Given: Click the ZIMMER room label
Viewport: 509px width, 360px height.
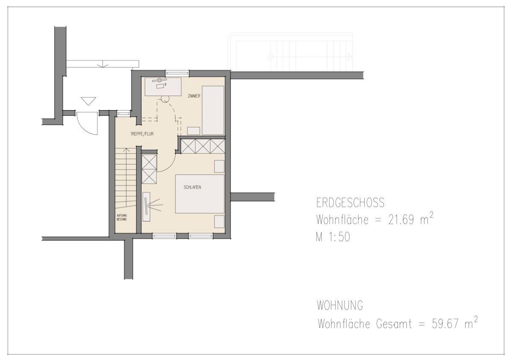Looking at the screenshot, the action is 194,96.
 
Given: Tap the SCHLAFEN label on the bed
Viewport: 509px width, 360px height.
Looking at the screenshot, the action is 192,187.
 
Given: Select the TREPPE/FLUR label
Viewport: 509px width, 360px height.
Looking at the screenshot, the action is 142,134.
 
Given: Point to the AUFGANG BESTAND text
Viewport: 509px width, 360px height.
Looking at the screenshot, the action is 122,218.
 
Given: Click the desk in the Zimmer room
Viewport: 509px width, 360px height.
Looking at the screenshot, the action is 163,86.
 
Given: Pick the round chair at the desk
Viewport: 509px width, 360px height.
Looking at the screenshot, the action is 165,99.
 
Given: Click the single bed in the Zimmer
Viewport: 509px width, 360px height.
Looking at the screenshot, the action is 213,110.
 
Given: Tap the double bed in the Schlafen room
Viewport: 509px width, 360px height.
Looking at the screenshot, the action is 200,194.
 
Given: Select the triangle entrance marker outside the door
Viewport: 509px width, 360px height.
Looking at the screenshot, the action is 88,101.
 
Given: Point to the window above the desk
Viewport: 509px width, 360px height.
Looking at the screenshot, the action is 177,73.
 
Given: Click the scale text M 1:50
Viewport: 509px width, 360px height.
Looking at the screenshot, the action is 333,237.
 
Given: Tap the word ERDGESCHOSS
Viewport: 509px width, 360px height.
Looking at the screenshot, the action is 350,203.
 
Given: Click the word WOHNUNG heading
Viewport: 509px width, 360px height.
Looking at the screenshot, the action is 340,305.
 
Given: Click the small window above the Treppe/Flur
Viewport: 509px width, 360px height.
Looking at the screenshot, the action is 123,113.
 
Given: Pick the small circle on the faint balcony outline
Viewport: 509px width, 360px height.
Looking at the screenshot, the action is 271,57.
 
